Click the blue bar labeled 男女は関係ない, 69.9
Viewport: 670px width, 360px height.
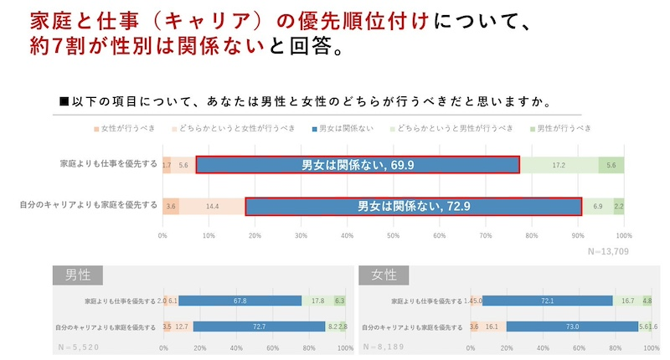coord(358,165)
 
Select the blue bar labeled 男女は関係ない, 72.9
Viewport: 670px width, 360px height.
coord(413,205)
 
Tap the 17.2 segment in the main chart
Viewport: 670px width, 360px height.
coord(558,165)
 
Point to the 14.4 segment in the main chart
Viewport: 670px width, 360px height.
coord(212,205)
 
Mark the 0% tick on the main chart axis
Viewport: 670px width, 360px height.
coord(162,236)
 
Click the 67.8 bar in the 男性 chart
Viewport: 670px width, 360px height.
coord(240,301)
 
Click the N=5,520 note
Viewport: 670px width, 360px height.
coord(79,345)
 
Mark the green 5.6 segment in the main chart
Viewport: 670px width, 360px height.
coord(611,165)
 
